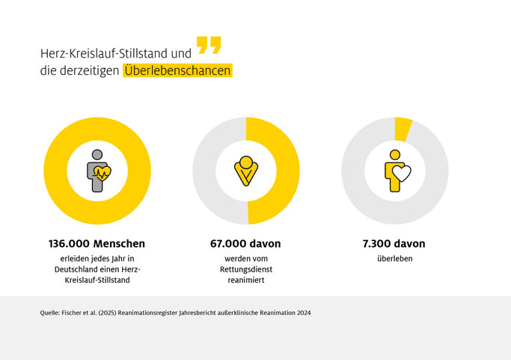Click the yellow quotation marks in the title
[209, 45]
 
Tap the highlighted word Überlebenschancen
[177, 71]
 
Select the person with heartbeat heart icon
[97, 171]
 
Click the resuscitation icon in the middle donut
[245, 171]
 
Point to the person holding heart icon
[396, 171]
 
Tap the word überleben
[395, 259]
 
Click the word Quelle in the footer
[51, 313]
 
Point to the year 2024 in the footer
[302, 313]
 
